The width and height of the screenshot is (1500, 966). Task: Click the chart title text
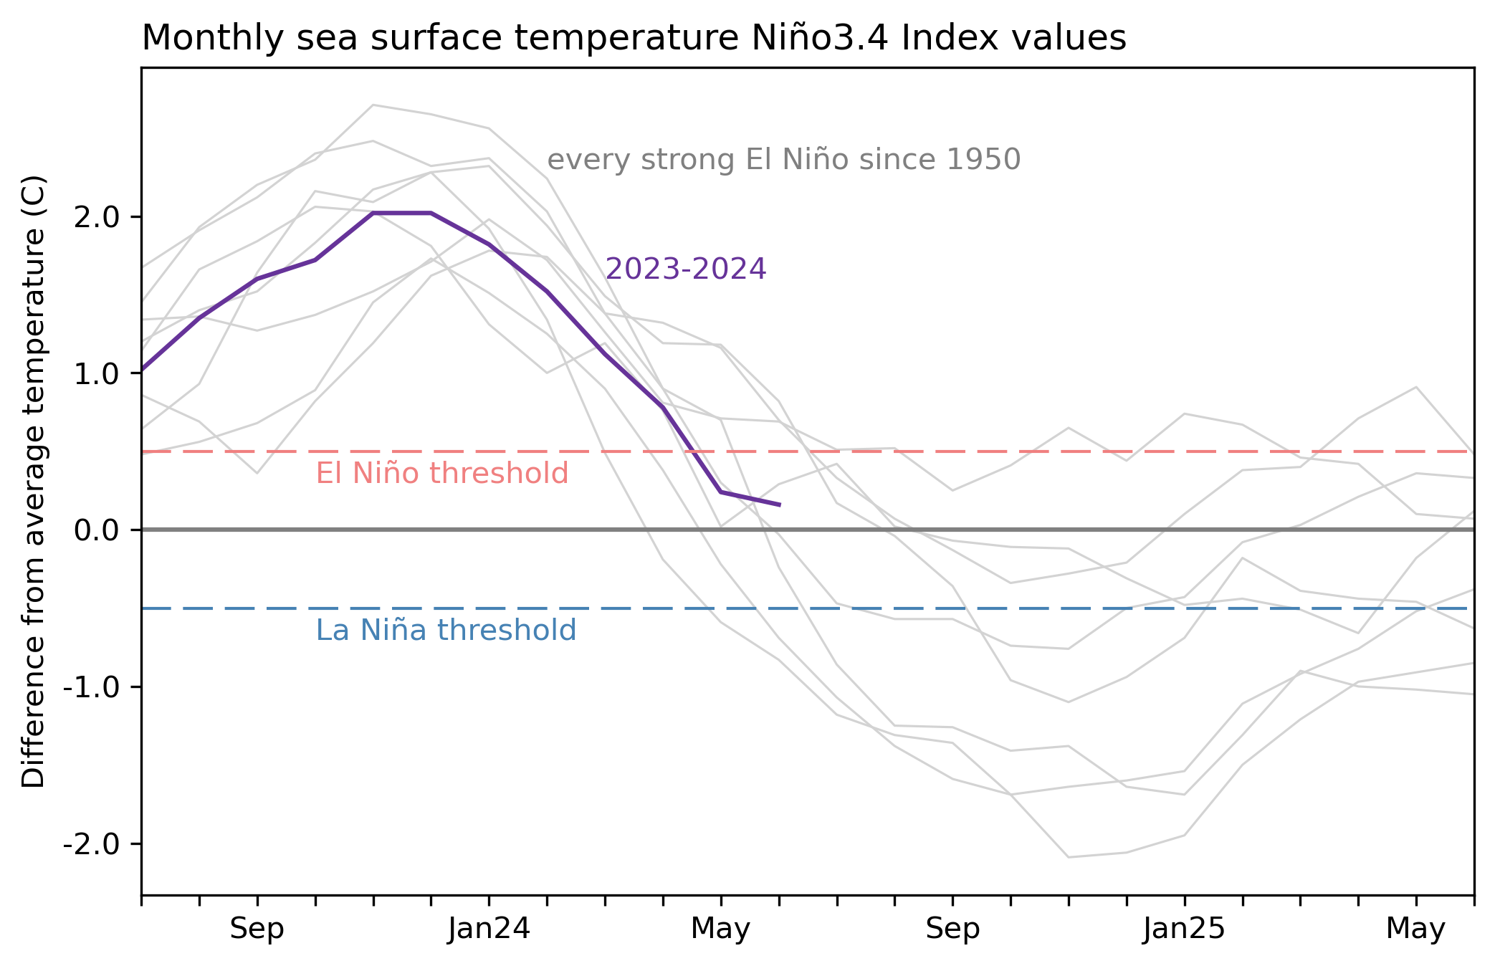[634, 38]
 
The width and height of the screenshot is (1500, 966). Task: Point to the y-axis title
[34, 482]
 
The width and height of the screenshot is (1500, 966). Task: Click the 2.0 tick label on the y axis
[96, 217]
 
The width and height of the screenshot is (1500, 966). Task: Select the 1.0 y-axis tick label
[96, 373]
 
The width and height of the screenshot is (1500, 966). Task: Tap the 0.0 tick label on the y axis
[96, 530]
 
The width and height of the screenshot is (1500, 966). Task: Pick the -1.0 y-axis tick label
[90, 687]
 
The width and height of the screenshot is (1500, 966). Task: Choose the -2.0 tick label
[90, 843]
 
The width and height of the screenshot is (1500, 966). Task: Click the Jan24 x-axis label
[489, 929]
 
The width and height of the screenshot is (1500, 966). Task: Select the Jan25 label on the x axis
[1184, 929]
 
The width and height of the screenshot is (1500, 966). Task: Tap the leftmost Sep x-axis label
[257, 929]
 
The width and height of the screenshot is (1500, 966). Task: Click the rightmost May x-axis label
[1415, 929]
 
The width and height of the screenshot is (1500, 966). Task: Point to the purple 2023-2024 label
[686, 269]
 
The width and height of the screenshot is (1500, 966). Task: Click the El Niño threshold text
[442, 474]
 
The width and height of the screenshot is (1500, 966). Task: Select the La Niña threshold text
[446, 631]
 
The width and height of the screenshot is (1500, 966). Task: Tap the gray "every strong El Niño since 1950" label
[783, 160]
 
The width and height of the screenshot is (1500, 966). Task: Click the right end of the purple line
[779, 505]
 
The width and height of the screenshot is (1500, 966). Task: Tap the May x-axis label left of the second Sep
[720, 929]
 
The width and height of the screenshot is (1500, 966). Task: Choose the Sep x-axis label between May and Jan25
[952, 929]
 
